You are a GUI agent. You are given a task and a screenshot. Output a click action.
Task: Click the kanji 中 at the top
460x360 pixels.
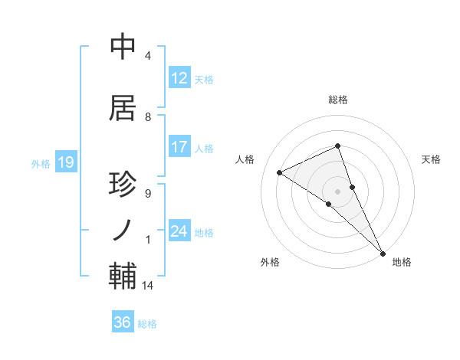pos(124,47)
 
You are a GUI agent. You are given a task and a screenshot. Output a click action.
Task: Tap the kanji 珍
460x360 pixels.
pos(124,185)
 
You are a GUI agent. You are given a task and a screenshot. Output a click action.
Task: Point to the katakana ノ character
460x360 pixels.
pos(124,230)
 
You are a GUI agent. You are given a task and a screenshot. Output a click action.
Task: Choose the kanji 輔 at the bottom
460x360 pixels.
pos(124,276)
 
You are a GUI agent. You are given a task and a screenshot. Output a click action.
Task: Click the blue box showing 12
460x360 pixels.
pos(179,78)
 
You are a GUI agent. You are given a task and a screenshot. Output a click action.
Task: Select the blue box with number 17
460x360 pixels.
pos(179,147)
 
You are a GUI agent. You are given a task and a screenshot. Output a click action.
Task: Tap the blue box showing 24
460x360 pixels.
pos(179,231)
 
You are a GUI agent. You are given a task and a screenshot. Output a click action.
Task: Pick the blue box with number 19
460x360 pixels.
pos(65,162)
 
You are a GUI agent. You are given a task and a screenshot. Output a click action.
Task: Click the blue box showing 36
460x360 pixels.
pos(123,322)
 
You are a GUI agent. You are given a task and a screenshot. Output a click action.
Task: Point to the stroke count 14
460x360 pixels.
pos(148,286)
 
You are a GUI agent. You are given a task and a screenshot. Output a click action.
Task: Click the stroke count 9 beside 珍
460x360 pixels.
pos(147,193)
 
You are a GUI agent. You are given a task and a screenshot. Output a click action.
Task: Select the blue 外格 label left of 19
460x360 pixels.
pos(40,163)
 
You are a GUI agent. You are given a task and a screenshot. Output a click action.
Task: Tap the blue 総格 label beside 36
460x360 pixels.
pos(148,324)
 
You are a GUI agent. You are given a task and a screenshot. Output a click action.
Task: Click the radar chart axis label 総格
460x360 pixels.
pos(338,100)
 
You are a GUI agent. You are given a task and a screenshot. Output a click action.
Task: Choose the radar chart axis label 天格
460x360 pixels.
pos(432,159)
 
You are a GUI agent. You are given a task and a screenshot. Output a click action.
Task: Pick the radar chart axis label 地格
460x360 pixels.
pos(402,262)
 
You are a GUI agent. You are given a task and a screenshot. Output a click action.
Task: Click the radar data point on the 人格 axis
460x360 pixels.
pos(279,172)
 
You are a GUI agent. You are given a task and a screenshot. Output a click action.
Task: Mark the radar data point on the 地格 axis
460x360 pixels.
pos(383,252)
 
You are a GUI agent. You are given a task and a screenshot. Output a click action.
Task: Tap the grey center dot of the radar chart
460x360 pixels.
pos(337,191)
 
